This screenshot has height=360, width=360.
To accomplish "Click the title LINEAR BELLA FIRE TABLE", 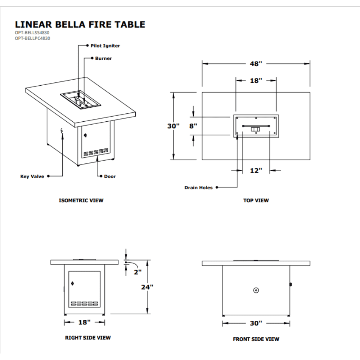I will (80, 24).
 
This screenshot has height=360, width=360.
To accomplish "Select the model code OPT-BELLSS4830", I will (32, 32).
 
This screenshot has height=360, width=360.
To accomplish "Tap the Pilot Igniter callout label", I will (105, 46).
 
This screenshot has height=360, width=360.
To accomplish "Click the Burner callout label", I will (103, 58).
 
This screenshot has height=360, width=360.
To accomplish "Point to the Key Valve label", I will (32, 176).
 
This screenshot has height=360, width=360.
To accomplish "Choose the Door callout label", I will (110, 176).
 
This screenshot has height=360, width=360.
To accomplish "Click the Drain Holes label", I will (198, 188).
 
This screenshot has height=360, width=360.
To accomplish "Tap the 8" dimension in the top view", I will (193, 126).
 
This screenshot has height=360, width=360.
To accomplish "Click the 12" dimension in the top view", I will (256, 170).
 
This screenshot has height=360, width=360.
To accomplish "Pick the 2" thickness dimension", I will (138, 272).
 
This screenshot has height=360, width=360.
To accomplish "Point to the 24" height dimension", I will (147, 287).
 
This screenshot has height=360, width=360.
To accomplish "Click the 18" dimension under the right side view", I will (85, 322).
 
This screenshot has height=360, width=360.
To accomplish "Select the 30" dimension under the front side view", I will (256, 323).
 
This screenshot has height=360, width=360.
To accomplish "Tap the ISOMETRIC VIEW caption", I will (81, 201).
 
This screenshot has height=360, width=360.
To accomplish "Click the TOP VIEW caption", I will (256, 201).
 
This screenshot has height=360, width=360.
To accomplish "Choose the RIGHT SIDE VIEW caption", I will (88, 338).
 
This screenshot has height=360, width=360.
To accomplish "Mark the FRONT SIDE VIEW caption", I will (256, 339).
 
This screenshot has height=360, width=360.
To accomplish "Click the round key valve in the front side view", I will (256, 290).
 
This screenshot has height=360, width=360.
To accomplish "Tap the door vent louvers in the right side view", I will (84, 303).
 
